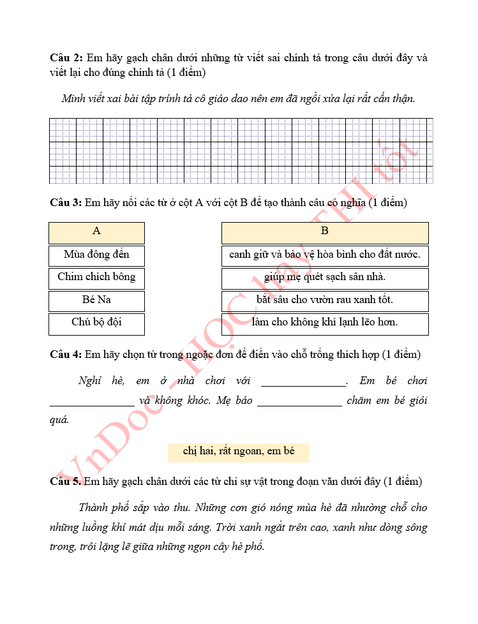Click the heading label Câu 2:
(x=66, y=58)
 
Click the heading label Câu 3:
(x=66, y=203)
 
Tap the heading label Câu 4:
(x=66, y=354)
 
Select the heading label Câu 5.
(x=66, y=481)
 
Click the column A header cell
(x=96, y=232)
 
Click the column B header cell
(x=325, y=232)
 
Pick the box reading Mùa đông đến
(x=96, y=255)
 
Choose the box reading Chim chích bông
(x=96, y=278)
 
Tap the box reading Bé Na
(x=96, y=300)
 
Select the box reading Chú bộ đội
(x=96, y=323)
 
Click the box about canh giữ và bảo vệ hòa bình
(x=325, y=255)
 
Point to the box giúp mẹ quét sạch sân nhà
(x=325, y=278)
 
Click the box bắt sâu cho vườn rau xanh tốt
(x=325, y=300)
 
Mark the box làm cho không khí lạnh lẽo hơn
(x=325, y=323)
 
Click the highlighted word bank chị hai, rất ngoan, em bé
(x=239, y=452)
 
